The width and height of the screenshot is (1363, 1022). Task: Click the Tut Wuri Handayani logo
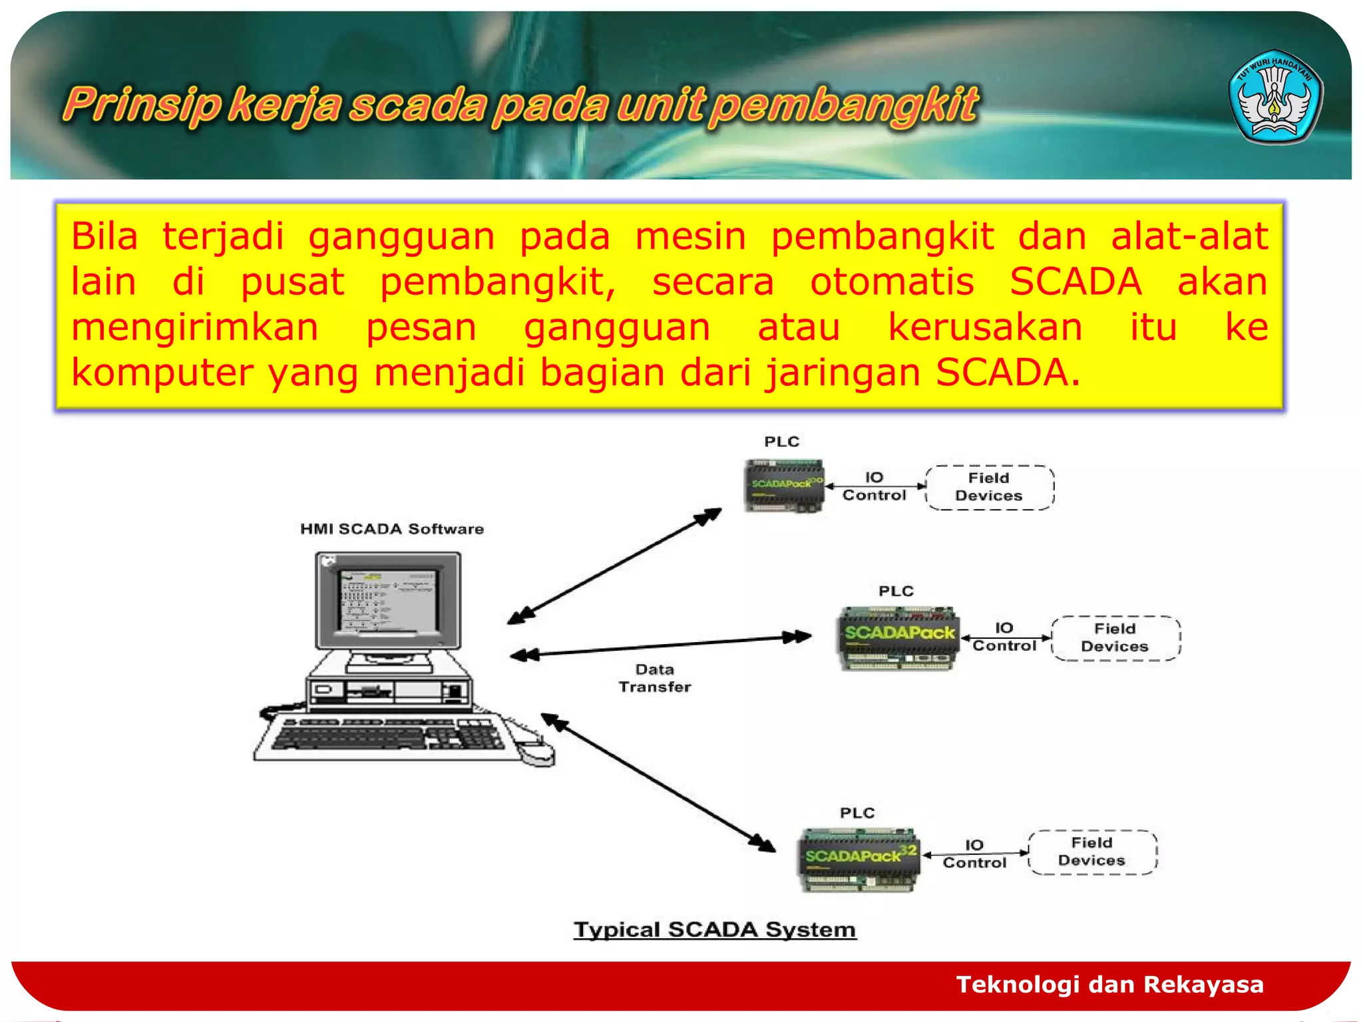click(1274, 97)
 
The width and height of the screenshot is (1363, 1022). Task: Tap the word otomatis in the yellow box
click(892, 281)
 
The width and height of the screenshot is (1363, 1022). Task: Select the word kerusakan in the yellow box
click(985, 327)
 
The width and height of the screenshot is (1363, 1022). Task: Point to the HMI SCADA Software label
click(391, 529)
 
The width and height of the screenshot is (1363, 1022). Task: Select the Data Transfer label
click(655, 678)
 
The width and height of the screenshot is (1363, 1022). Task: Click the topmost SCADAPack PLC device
click(784, 486)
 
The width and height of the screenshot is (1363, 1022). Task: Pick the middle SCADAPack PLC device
click(898, 637)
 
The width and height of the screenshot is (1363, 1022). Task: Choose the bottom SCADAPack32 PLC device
click(859, 859)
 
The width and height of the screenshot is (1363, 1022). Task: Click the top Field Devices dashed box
click(989, 487)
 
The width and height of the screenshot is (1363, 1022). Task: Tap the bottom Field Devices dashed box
click(1092, 852)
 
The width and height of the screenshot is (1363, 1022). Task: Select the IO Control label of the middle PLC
click(1004, 637)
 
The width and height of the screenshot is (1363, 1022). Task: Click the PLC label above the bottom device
click(857, 812)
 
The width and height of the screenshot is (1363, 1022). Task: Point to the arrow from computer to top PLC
click(614, 566)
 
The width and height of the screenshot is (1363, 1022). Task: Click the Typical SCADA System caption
click(715, 930)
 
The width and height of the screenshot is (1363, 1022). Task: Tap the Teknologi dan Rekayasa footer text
click(1109, 984)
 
